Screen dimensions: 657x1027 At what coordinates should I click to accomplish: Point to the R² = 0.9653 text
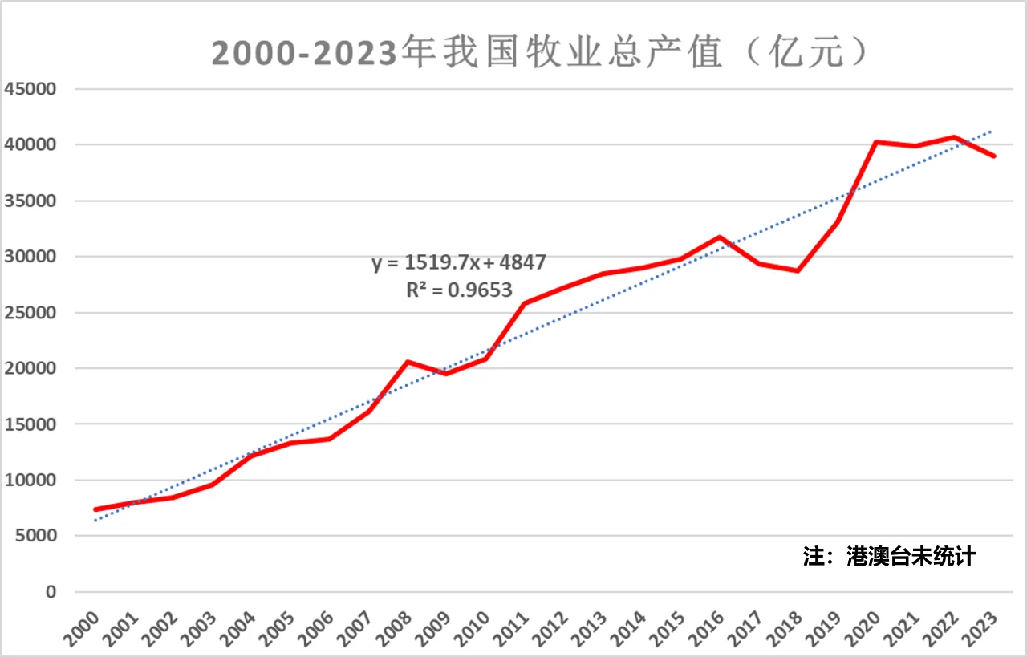pos(459,290)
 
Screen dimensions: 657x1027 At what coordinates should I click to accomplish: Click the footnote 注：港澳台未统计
pos(889,556)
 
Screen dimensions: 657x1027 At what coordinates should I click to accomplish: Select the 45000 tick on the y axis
pos(30,89)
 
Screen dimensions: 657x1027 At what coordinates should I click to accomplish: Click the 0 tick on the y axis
pos(51,592)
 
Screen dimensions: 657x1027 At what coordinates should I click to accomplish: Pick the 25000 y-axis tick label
pos(30,313)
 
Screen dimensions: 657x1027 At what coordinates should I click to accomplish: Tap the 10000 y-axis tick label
pos(30,481)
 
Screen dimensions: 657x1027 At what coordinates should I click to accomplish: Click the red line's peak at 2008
pos(408,362)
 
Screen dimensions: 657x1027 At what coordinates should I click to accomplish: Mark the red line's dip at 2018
pos(798,270)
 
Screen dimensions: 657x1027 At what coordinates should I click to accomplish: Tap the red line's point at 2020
pos(876,142)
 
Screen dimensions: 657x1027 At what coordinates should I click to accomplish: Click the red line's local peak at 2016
pos(720,237)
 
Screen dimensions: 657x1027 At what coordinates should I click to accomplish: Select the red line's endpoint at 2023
pos(993,156)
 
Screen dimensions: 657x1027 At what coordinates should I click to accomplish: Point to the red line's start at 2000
pos(95,509)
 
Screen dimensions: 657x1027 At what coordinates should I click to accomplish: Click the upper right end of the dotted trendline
pos(993,131)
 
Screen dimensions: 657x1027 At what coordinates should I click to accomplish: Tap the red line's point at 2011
pos(525,303)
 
